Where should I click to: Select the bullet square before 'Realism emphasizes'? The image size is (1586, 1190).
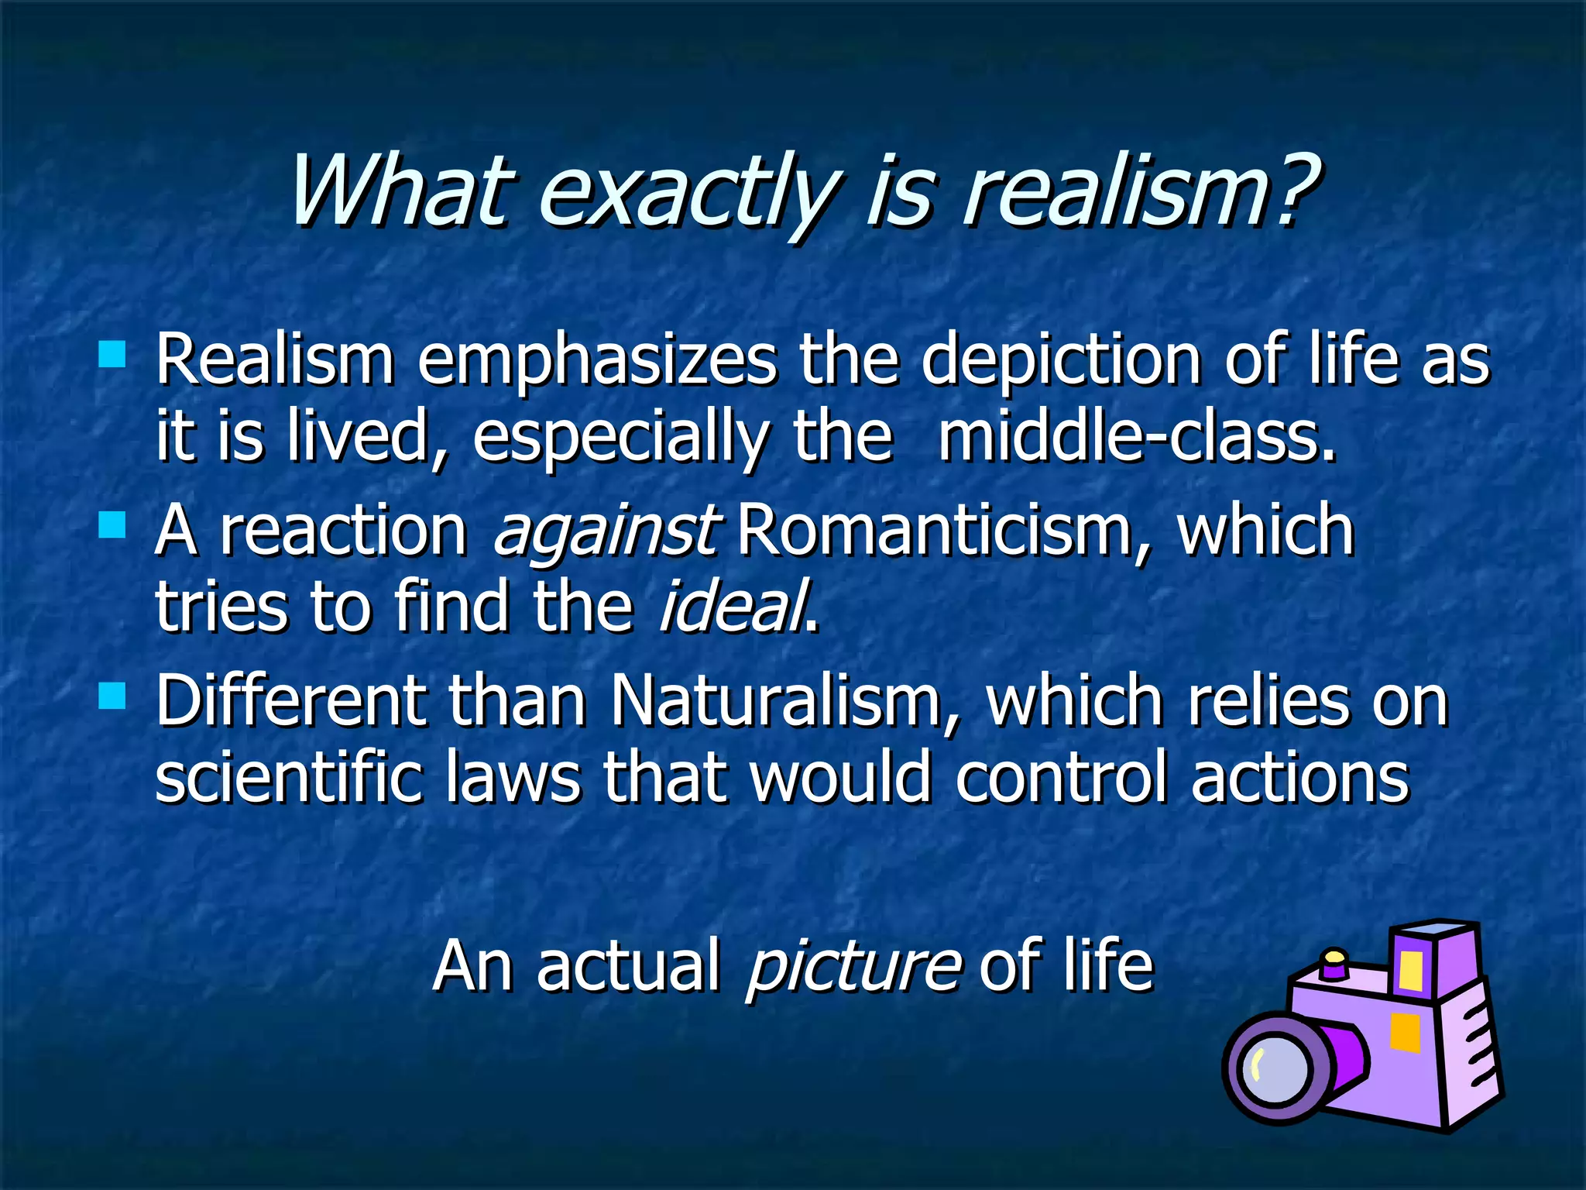coord(112,355)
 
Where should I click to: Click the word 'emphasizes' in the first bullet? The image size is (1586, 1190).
coord(596,361)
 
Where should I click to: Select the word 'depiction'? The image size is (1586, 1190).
coord(1060,361)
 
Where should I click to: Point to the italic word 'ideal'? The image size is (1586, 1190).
coord(733,607)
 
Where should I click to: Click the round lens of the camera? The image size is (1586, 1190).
coord(1276,1069)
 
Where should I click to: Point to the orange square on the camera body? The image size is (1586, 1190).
coord(1405,1033)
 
